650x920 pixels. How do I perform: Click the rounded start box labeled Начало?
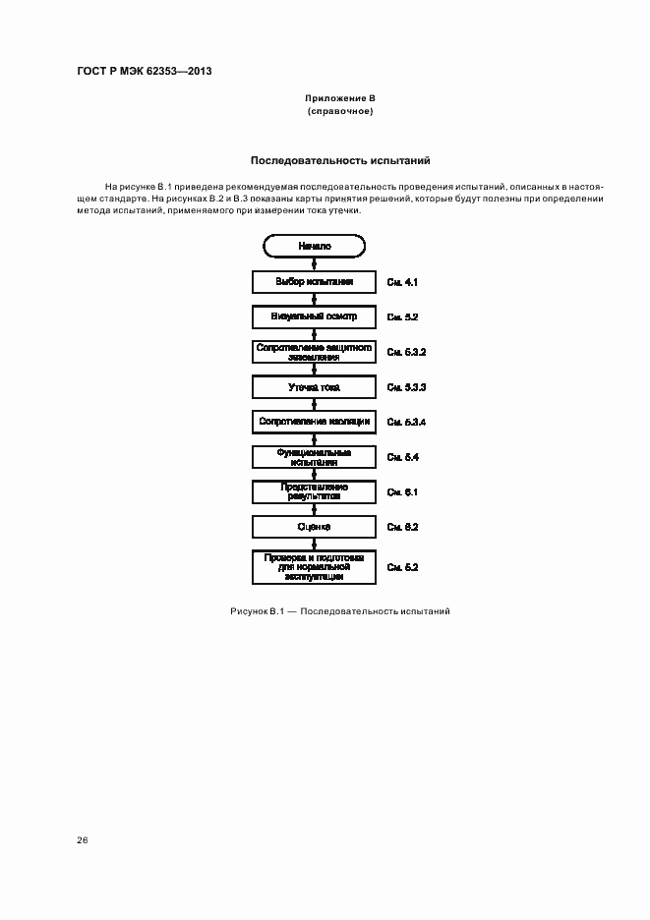(315, 246)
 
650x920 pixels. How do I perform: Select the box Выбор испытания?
(315, 282)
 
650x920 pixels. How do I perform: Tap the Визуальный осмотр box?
(315, 317)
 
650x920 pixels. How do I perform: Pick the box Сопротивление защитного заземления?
(315, 352)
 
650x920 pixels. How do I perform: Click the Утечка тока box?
(315, 387)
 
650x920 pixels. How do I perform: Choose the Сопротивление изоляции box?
(315, 422)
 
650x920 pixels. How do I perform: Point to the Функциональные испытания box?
(315, 457)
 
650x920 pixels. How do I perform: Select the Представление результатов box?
(315, 491)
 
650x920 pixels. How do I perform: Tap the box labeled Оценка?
(315, 527)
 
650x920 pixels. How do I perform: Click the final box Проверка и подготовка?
(315, 568)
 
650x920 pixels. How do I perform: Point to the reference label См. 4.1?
(403, 282)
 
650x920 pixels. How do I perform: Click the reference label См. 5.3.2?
(407, 352)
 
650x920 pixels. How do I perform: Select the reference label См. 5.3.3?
(407, 387)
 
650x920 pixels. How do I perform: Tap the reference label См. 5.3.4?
(407, 422)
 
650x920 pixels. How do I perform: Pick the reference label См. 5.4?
(403, 457)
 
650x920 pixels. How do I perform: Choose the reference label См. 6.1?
(403, 491)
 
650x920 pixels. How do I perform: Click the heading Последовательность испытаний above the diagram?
(340, 159)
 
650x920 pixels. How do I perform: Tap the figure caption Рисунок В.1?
(340, 611)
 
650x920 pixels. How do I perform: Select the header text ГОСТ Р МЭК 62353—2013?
(144, 72)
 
